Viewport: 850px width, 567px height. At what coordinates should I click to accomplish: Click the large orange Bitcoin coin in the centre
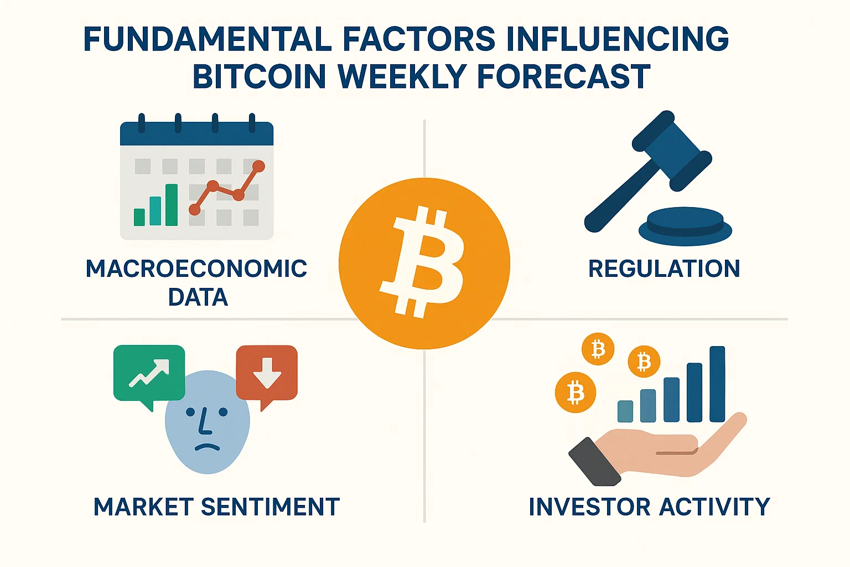point(424,264)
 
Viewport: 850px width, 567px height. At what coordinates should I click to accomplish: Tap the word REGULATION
point(664,269)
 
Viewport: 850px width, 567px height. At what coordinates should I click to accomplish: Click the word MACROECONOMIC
point(196,269)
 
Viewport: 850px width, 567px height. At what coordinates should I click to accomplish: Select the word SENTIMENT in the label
point(270,507)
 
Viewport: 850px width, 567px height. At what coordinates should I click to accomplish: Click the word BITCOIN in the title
point(259,77)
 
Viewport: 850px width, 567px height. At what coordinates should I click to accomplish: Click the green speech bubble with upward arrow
point(149,373)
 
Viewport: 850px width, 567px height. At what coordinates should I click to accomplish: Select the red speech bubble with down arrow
point(267,373)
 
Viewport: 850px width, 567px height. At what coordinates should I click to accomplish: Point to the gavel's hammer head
point(672,150)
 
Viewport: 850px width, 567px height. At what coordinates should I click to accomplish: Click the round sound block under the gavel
point(685,226)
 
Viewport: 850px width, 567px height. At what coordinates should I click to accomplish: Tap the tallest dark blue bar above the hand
point(717,384)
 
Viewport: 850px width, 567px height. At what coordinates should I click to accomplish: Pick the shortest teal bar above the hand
point(625,411)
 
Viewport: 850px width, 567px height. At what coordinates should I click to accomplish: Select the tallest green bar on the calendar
point(172,205)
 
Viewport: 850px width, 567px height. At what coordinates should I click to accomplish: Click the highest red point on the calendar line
point(258,166)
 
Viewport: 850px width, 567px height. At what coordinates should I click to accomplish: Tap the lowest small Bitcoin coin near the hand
point(576,393)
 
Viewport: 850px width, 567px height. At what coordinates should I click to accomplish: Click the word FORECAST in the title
point(563,77)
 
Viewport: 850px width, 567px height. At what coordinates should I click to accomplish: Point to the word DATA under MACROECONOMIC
point(198,297)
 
